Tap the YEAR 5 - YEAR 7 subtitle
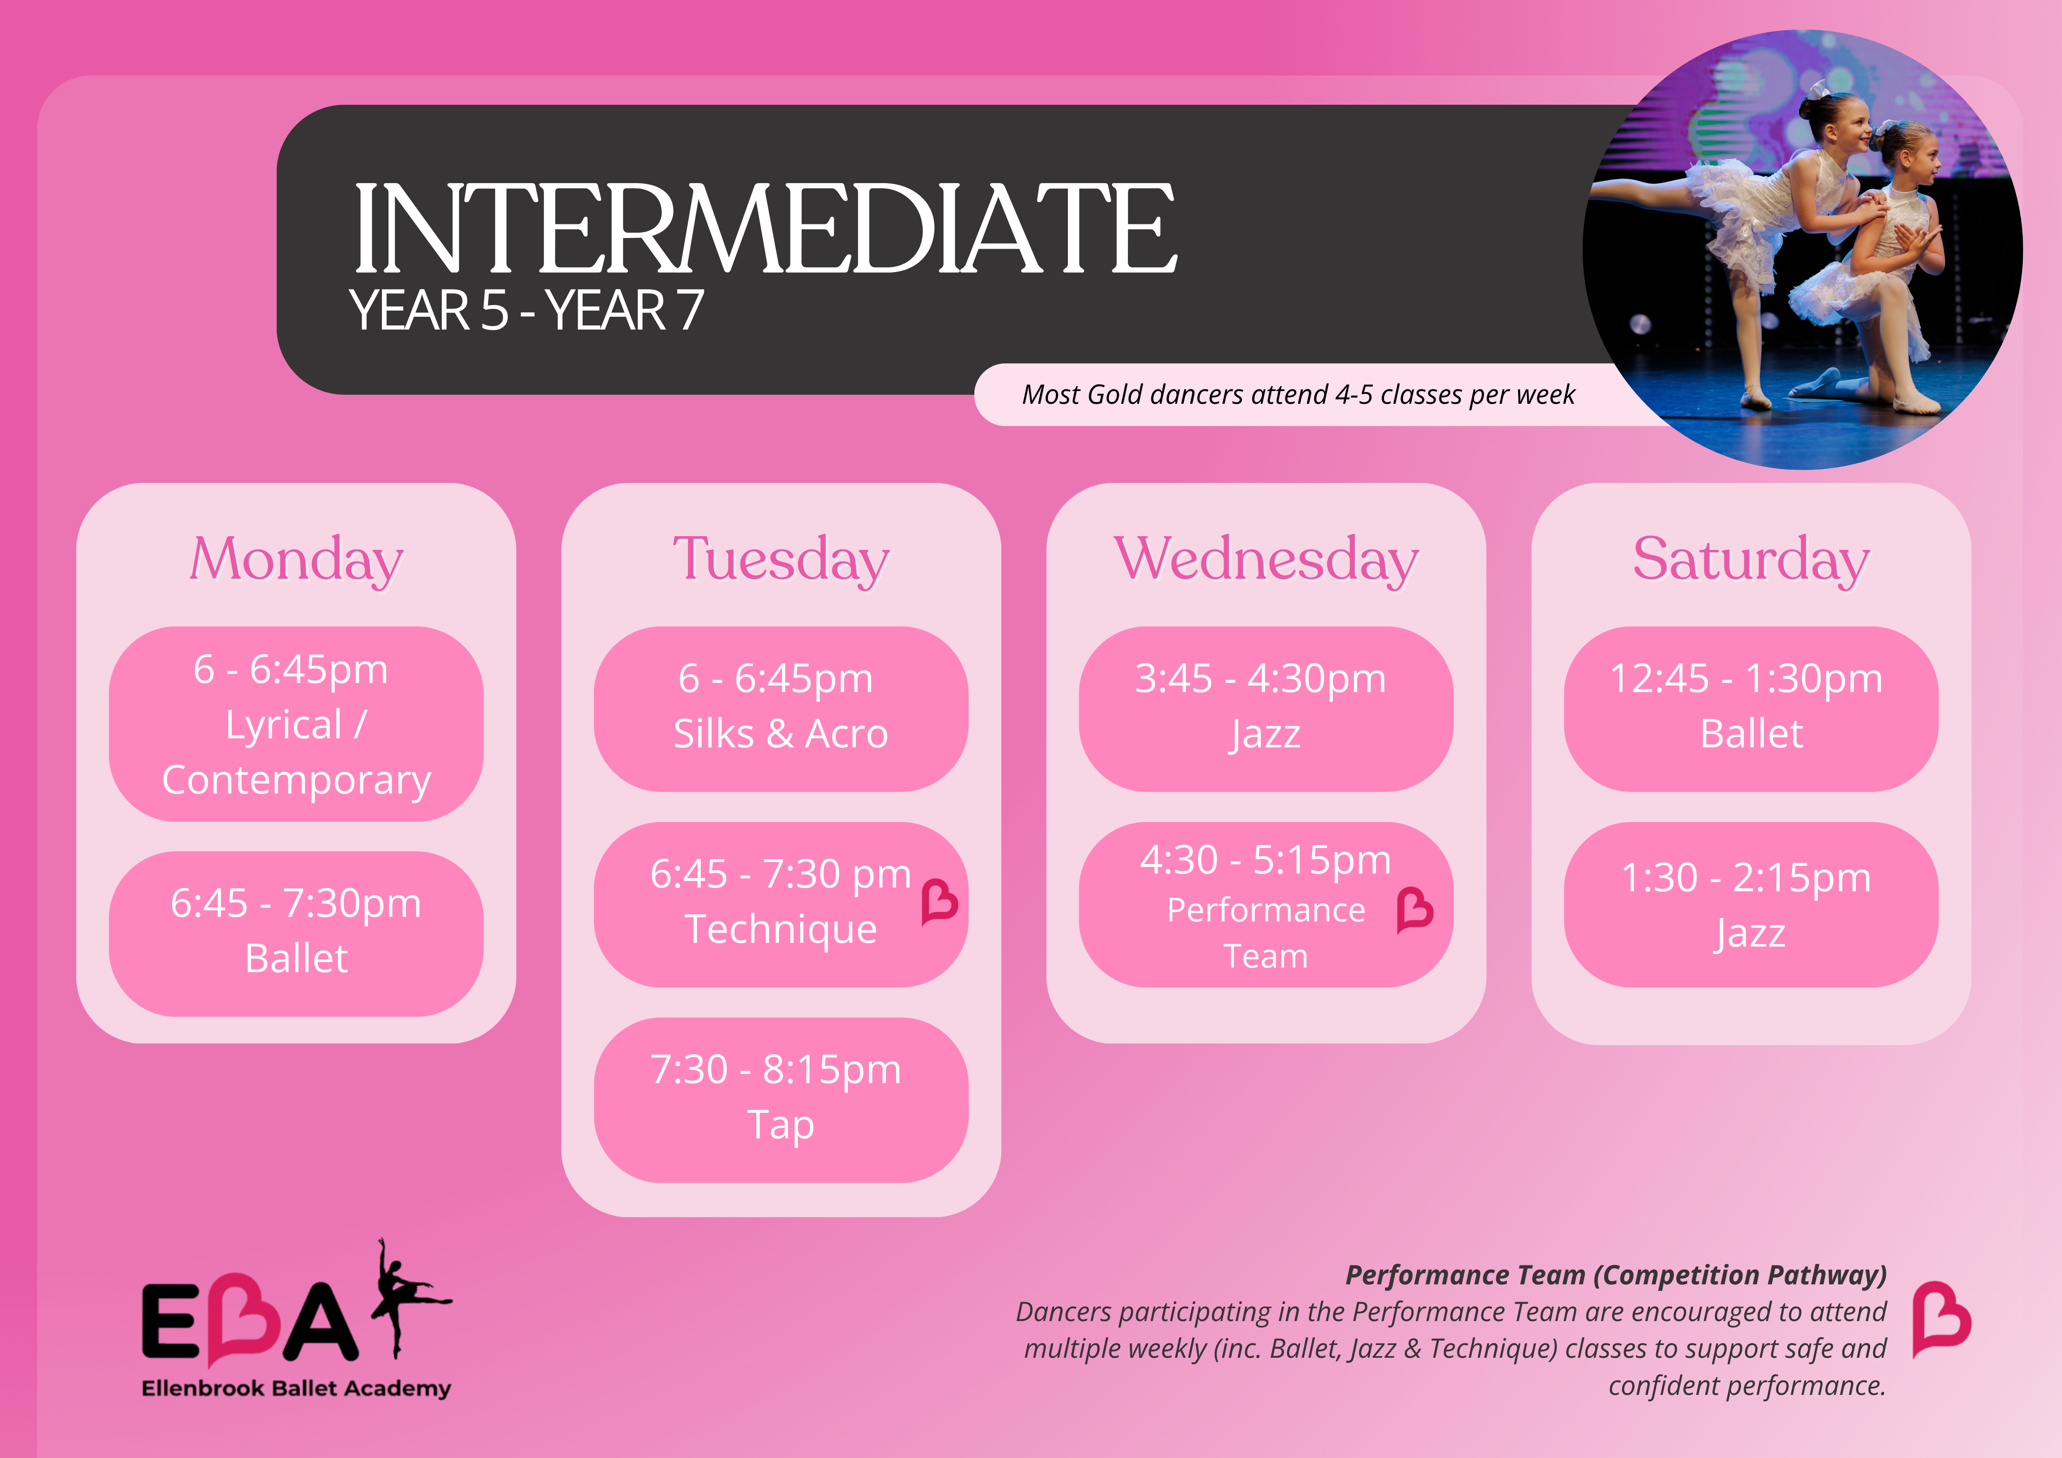(526, 311)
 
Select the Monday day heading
(297, 560)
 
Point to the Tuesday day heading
(781, 560)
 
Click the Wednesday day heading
(1266, 560)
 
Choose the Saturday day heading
(1751, 560)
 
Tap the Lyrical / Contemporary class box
(297, 724)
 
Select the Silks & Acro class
(781, 709)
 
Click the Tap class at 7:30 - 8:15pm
(781, 1100)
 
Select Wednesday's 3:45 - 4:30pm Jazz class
(1266, 709)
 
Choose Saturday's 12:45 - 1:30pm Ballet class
(1751, 709)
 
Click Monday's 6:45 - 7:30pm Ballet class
(297, 933)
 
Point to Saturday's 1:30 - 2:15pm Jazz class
(1751, 904)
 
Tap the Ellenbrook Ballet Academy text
(297, 1388)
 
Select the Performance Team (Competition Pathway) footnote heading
(1616, 1275)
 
